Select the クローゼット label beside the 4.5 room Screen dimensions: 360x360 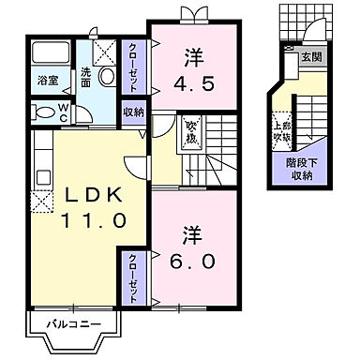[x=133, y=67]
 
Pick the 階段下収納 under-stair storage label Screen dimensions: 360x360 [x=300, y=168]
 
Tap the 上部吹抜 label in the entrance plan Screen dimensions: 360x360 [x=280, y=131]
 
